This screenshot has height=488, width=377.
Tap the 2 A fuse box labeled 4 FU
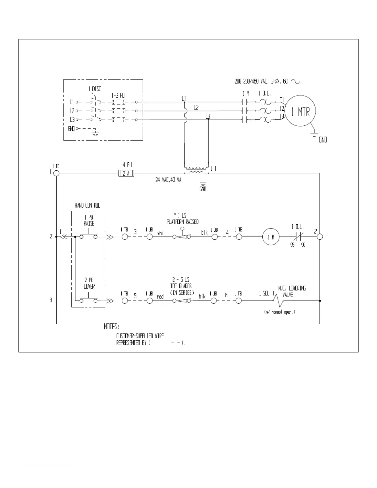[126, 173]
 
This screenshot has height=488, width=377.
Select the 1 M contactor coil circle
[271, 237]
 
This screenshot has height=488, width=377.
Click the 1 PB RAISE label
[89, 221]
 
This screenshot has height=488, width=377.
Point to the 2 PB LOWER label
[89, 283]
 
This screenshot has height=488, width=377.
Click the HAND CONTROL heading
[87, 205]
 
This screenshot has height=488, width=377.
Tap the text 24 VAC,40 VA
[168, 180]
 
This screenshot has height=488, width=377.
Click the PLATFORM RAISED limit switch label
[182, 222]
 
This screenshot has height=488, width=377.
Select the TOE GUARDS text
[181, 286]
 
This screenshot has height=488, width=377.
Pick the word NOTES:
[112, 326]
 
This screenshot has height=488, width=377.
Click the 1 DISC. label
[95, 89]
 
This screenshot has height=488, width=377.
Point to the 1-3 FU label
[118, 96]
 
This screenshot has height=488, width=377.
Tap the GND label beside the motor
[323, 140]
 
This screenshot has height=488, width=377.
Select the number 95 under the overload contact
[293, 245]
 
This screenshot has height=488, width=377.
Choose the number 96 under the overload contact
[303, 245]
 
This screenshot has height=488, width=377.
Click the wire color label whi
[160, 234]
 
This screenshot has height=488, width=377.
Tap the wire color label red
[160, 297]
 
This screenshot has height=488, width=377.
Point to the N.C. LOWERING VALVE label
[292, 291]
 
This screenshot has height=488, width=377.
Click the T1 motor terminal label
[282, 100]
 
